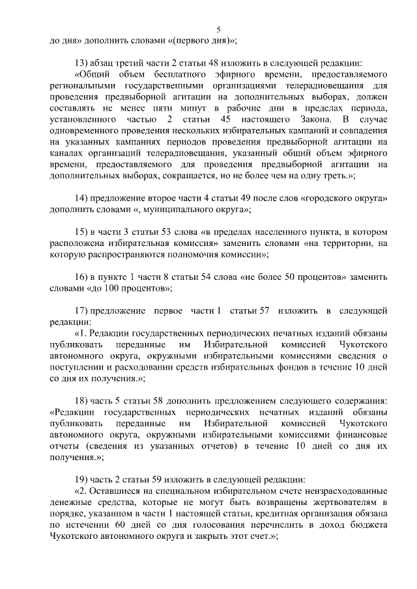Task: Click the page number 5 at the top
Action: (x=219, y=29)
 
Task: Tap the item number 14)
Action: (x=82, y=198)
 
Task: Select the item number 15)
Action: (x=82, y=231)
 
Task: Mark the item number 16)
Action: (x=82, y=275)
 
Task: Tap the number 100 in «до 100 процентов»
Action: (x=113, y=286)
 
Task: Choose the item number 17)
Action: (x=82, y=309)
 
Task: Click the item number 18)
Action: (x=82, y=399)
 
